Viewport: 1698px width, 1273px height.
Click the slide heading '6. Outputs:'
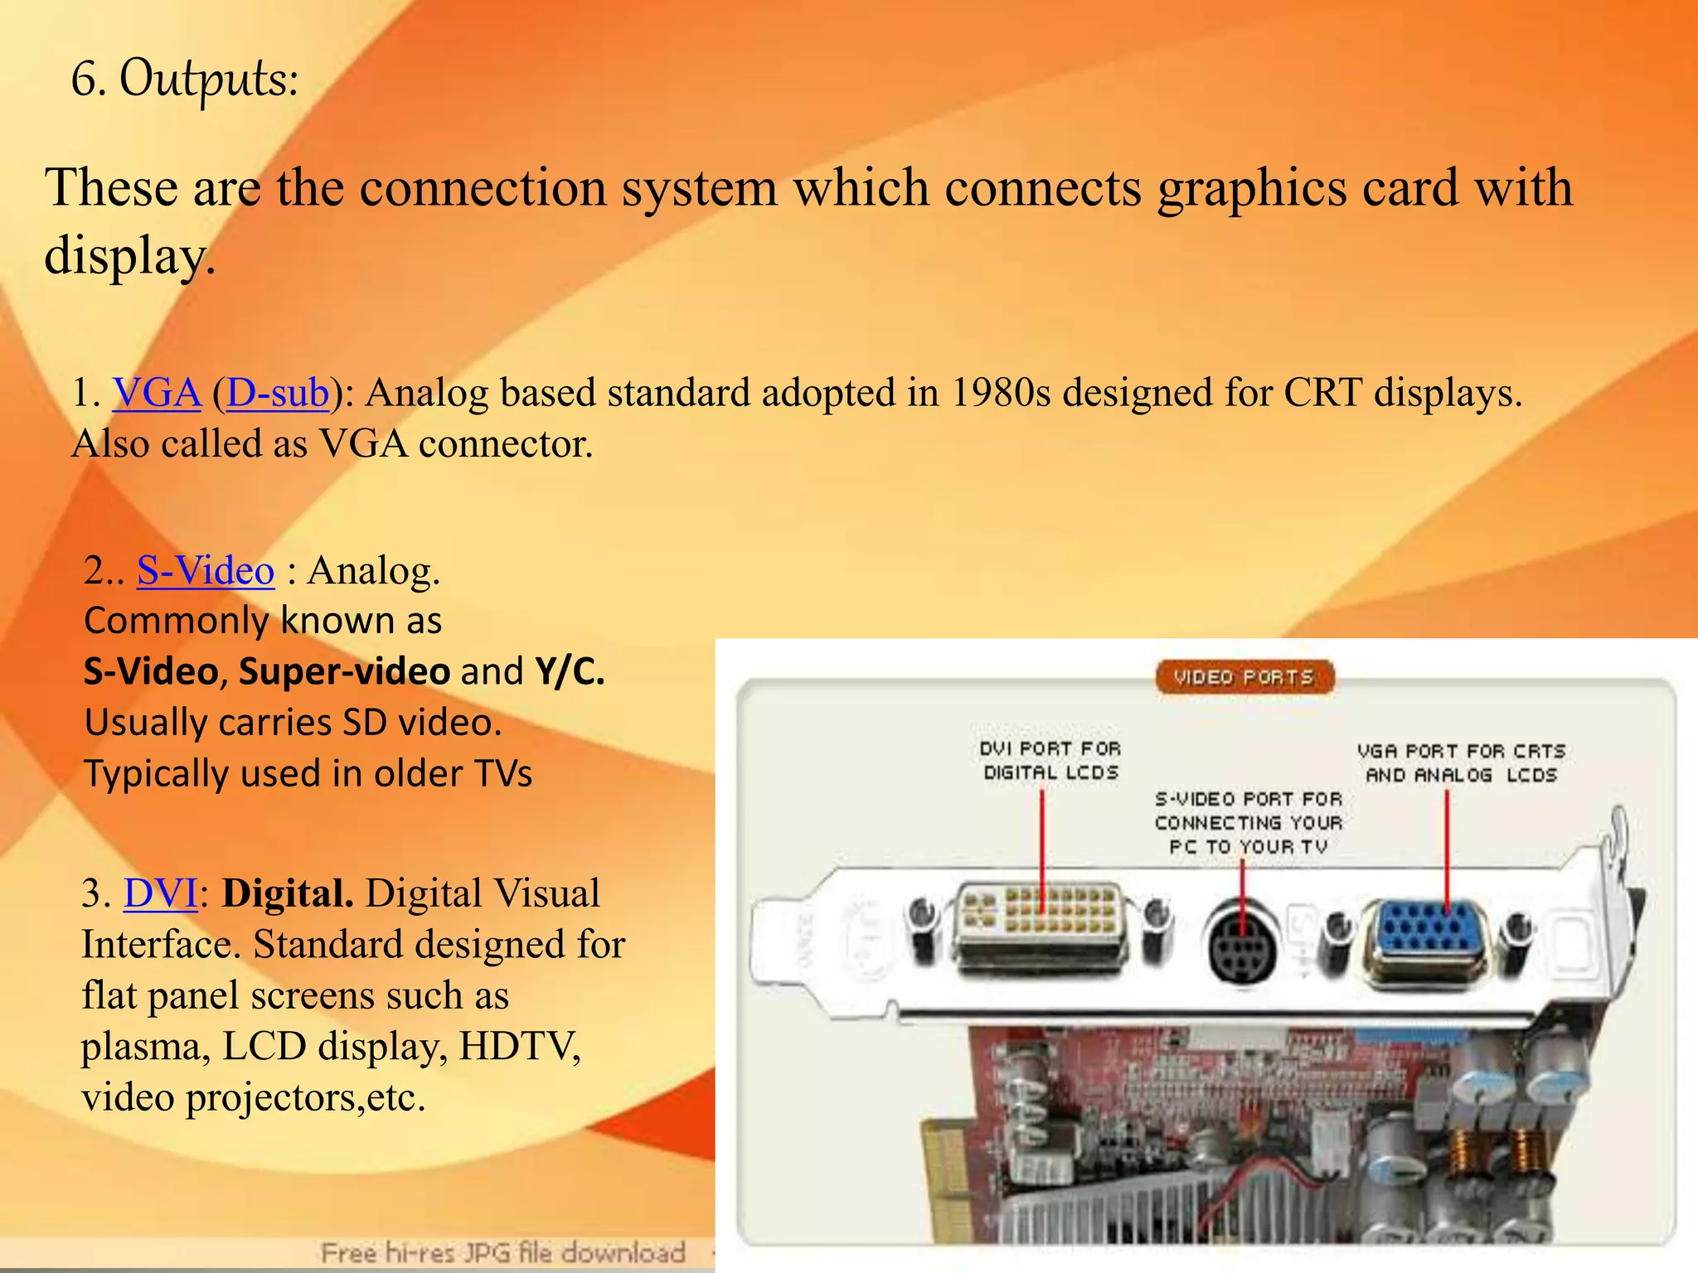pos(184,80)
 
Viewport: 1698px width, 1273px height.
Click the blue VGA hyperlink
pos(157,392)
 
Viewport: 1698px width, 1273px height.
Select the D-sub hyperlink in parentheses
pos(277,392)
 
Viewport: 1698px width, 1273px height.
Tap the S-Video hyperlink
pos(205,571)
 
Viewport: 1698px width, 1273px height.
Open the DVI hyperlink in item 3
pos(159,893)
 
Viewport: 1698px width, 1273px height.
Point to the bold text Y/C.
pos(569,671)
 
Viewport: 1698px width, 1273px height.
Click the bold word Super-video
pos(344,671)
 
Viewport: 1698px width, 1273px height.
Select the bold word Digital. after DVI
pos(288,893)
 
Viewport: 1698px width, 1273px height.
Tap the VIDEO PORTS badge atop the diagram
pos(1244,677)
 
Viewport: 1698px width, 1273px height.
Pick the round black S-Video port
pos(1241,945)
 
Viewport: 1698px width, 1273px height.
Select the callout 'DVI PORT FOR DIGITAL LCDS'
pos(1050,761)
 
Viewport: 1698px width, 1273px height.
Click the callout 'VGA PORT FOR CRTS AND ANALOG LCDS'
pos(1461,763)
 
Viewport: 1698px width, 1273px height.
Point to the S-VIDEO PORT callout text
pos(1248,823)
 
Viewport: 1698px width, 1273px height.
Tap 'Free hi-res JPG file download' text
pos(503,1252)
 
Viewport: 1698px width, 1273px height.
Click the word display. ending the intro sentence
pos(129,255)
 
